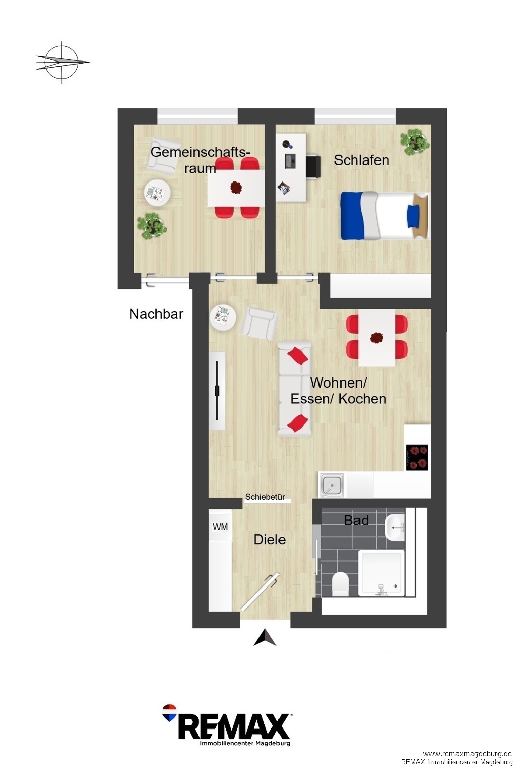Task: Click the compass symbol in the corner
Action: click(62, 62)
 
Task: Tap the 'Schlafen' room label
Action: click(362, 160)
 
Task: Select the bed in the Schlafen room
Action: click(384, 216)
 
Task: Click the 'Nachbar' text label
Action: click(156, 314)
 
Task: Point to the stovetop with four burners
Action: click(417, 457)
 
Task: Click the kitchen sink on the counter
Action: click(331, 485)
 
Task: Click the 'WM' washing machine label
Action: click(220, 527)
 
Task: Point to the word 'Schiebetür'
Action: click(265, 497)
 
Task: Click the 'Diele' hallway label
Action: click(270, 540)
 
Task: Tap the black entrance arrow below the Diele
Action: click(265, 637)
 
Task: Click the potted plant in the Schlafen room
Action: click(415, 141)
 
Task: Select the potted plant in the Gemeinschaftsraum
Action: click(151, 226)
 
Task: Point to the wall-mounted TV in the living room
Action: click(217, 391)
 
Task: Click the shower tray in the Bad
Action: click(382, 573)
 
